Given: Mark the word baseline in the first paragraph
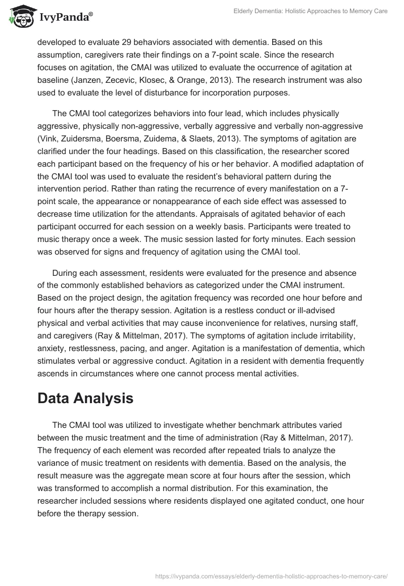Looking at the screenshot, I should pyautogui.click(x=54, y=80).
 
